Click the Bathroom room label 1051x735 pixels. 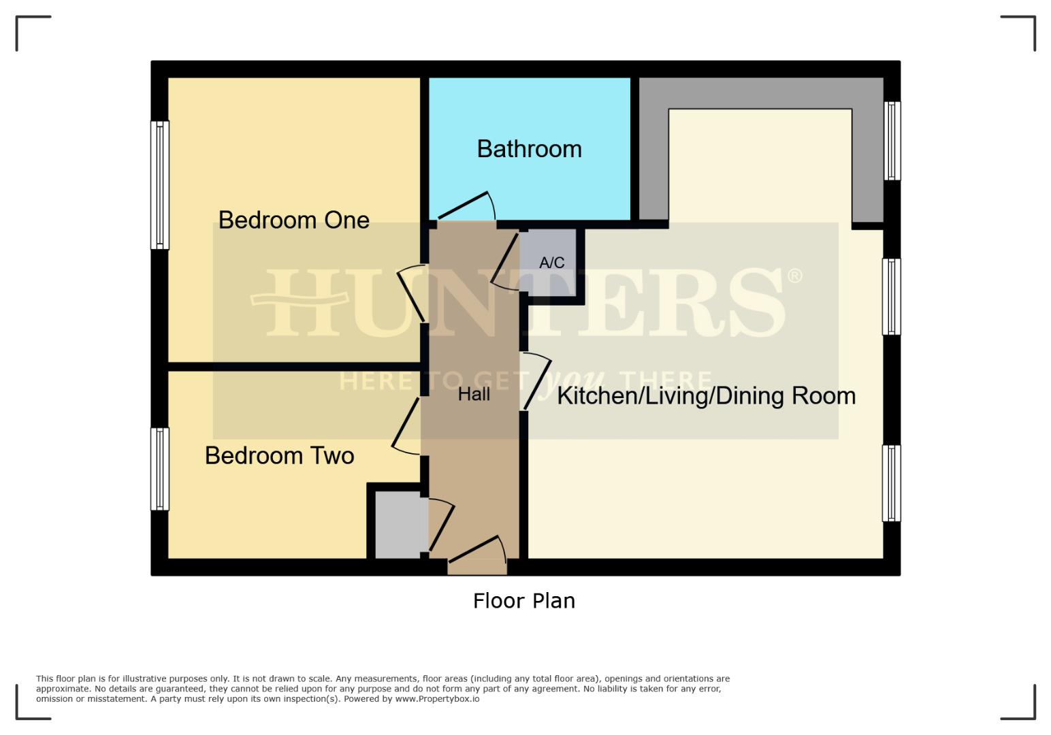[x=529, y=149]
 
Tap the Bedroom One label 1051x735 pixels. [x=293, y=220]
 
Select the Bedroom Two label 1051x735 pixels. [x=279, y=455]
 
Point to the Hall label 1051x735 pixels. [x=474, y=394]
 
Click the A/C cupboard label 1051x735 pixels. [x=551, y=263]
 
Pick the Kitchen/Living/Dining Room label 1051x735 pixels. [x=706, y=395]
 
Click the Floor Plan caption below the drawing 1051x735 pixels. [x=523, y=600]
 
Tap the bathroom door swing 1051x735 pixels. [x=466, y=206]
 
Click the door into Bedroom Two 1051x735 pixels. [x=407, y=425]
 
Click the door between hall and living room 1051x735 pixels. [x=536, y=382]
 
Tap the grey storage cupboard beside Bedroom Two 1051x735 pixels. [x=398, y=525]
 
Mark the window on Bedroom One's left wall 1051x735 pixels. [x=159, y=185]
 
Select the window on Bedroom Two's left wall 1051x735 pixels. [x=159, y=469]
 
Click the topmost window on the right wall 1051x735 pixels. [x=892, y=141]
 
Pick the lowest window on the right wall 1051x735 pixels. [x=891, y=483]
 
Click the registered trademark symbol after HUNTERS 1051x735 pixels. [x=794, y=276]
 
